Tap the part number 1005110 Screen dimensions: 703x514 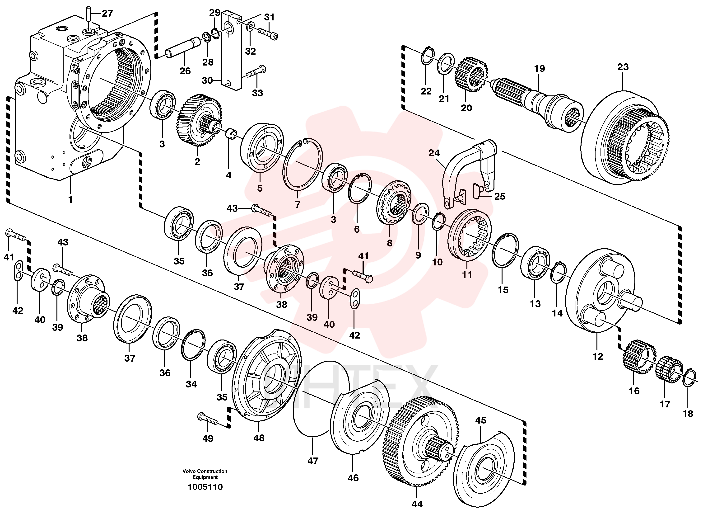[x=205, y=487]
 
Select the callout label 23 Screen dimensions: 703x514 [x=623, y=67]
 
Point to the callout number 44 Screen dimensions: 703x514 [x=417, y=504]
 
